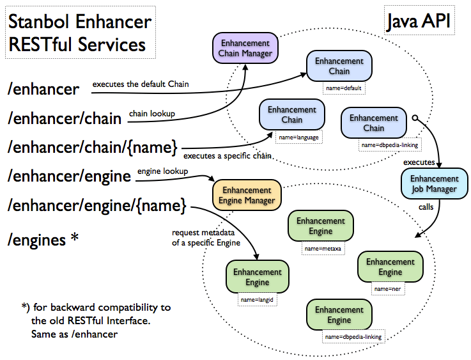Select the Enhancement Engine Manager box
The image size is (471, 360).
[247, 195]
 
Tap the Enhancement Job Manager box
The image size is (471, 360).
[434, 184]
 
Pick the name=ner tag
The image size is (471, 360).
[390, 289]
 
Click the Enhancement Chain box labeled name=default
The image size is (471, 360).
[339, 66]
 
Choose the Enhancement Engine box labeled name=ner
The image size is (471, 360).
[390, 267]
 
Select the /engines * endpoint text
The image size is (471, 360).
[44, 240]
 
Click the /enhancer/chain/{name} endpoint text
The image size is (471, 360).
[92, 146]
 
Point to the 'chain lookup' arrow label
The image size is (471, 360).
[152, 114]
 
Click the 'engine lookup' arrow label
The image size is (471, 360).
[162, 171]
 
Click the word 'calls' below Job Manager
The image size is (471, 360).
[427, 207]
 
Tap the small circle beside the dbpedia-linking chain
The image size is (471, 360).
[415, 118]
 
